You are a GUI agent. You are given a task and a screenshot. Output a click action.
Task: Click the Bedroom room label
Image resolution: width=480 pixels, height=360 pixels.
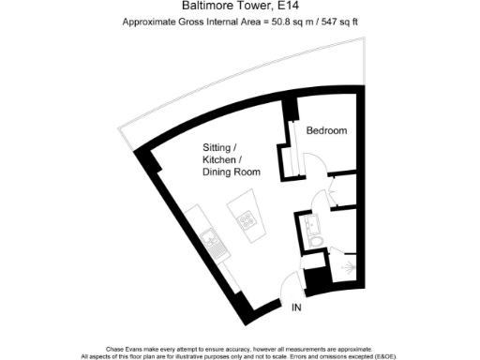328,131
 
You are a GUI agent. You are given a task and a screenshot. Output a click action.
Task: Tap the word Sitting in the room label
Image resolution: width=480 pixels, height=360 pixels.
219,148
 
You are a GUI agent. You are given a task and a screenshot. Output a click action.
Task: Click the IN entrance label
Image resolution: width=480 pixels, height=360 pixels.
296,307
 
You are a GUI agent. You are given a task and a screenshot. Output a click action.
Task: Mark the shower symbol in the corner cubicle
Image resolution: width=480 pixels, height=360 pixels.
351,268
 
